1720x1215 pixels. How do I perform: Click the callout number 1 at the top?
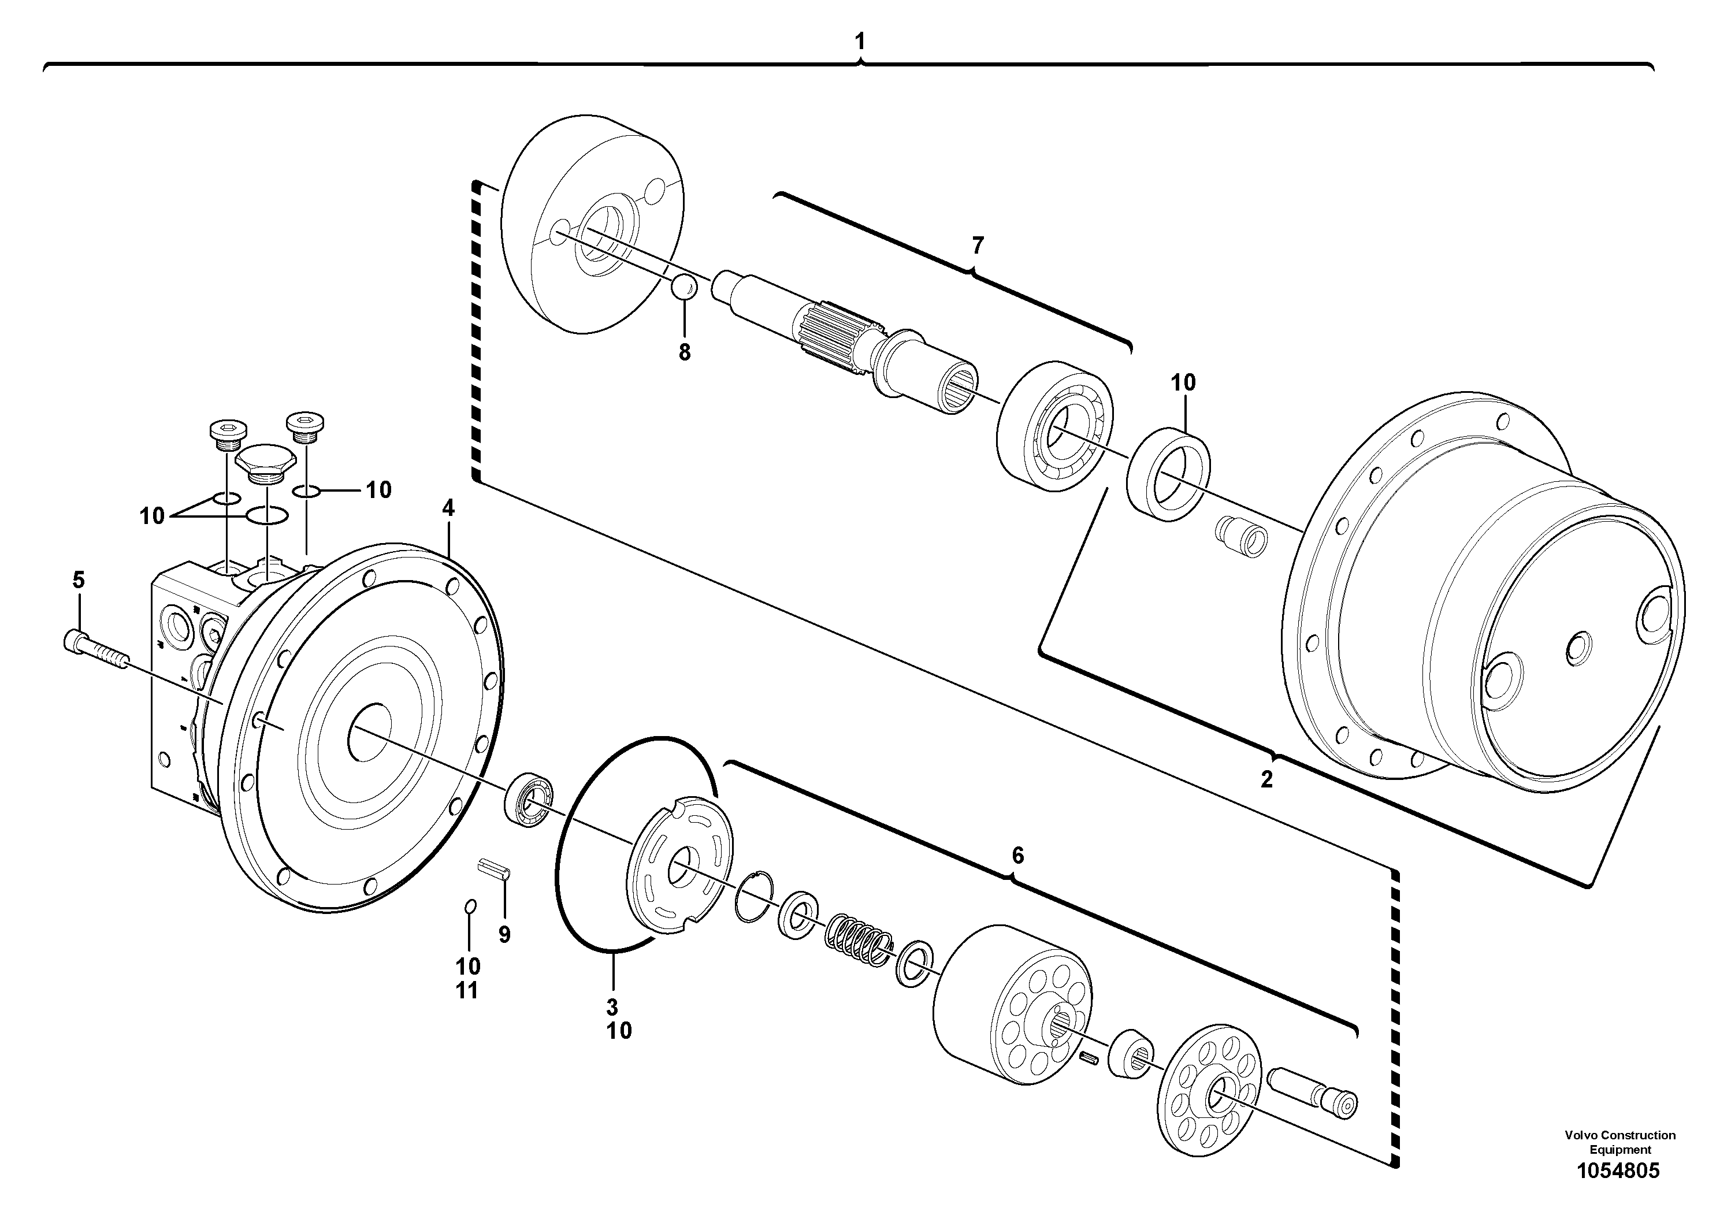859,42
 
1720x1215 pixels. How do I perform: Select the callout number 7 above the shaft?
978,245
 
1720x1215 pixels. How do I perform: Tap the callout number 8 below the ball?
684,352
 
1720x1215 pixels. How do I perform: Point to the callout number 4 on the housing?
448,508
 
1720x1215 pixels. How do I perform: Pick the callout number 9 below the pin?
504,934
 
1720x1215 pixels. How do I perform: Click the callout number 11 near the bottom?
467,991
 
